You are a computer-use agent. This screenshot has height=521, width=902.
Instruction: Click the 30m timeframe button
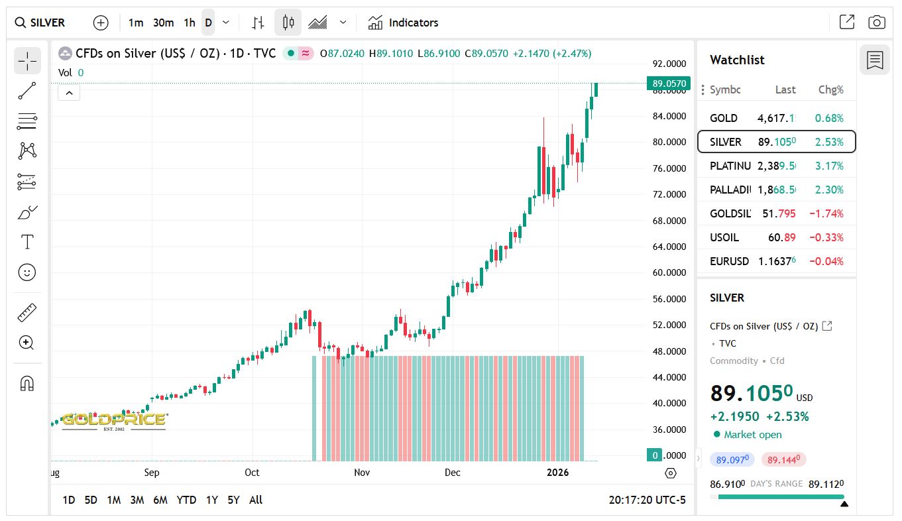coord(163,23)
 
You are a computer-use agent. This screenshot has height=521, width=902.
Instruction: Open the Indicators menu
coord(404,23)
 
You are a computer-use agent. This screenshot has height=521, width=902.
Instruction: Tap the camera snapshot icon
coord(876,23)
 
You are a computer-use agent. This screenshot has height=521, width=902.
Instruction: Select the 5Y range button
coord(233,500)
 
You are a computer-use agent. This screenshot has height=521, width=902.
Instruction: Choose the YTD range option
coord(186,500)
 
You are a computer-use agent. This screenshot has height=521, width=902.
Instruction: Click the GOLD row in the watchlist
coord(776,118)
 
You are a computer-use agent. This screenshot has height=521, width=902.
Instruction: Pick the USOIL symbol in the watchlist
coord(724,237)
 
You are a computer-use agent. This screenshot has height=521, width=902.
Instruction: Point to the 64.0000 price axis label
coord(669,247)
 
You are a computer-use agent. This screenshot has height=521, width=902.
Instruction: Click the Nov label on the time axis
coord(361,473)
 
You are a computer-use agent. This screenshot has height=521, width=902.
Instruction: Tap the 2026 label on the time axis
coord(557,473)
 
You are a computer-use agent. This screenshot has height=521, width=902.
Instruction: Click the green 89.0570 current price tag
coord(669,84)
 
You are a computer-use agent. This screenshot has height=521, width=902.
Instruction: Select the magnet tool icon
coord(27,383)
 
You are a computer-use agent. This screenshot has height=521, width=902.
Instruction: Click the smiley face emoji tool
coord(27,272)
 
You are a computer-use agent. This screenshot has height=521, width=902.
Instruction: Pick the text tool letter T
coord(27,242)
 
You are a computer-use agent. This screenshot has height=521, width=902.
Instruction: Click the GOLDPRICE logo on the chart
coord(113,420)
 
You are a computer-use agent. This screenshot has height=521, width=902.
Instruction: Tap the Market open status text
coord(752,435)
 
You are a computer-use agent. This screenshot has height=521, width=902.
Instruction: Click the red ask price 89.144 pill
coord(783,459)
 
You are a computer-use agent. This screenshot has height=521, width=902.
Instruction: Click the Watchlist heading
coord(737,60)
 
